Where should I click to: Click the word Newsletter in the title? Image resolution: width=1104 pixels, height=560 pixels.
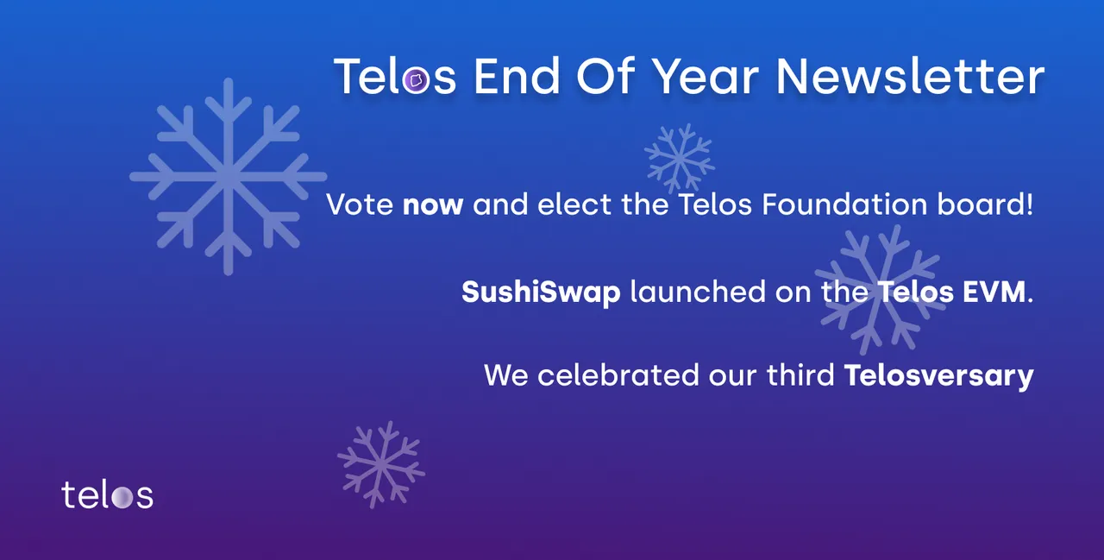(x=910, y=77)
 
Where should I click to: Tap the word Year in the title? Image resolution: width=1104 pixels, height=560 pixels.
(x=706, y=78)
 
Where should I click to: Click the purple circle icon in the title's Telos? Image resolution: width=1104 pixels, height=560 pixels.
(x=416, y=80)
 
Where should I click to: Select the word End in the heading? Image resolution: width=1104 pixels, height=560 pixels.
(x=517, y=77)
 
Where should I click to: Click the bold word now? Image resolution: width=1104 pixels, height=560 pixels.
(x=433, y=205)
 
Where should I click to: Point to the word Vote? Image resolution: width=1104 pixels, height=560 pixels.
(x=360, y=204)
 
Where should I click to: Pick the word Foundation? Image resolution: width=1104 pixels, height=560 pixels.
(x=844, y=204)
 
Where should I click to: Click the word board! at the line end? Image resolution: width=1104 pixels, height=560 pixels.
(x=985, y=204)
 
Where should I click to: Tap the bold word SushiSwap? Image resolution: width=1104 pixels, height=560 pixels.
(x=541, y=292)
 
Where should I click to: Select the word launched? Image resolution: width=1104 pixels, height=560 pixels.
(x=698, y=292)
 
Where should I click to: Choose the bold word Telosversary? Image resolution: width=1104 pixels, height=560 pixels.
(x=939, y=376)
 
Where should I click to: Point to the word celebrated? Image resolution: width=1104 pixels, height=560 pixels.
(x=618, y=375)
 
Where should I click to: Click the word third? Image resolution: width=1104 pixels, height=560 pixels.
(x=800, y=375)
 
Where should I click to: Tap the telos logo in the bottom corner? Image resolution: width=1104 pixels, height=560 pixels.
(x=107, y=494)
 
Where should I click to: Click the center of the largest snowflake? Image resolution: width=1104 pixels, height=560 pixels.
(x=229, y=176)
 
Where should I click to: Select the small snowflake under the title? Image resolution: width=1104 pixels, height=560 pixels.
(x=680, y=159)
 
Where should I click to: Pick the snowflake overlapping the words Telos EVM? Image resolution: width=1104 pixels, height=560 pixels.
(x=881, y=289)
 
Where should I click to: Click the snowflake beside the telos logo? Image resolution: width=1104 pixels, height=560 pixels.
(x=381, y=464)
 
